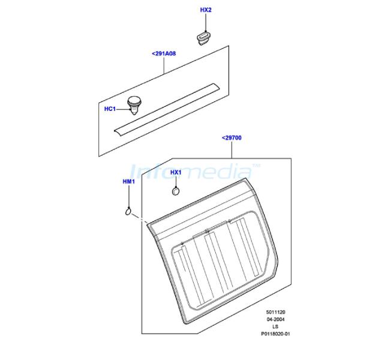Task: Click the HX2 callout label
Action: click(x=206, y=10)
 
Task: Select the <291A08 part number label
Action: click(x=164, y=53)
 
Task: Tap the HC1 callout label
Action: click(x=110, y=109)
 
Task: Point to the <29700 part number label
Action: click(x=231, y=138)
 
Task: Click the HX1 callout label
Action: click(x=176, y=172)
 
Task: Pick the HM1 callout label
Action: click(x=129, y=182)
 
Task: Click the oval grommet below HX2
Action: click(x=204, y=38)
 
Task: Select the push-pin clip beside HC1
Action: click(x=134, y=105)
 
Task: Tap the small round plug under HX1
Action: click(x=176, y=191)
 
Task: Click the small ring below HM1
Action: click(x=128, y=212)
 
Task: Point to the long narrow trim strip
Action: click(x=166, y=110)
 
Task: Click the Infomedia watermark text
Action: click(x=195, y=172)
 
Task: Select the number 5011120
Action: click(x=275, y=312)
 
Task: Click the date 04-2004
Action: click(x=275, y=319)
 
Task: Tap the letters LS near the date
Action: click(x=275, y=326)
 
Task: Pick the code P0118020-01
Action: click(x=275, y=334)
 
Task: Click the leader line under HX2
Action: click(x=206, y=23)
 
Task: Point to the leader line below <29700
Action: click(x=231, y=149)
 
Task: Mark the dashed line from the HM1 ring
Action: click(x=140, y=218)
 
